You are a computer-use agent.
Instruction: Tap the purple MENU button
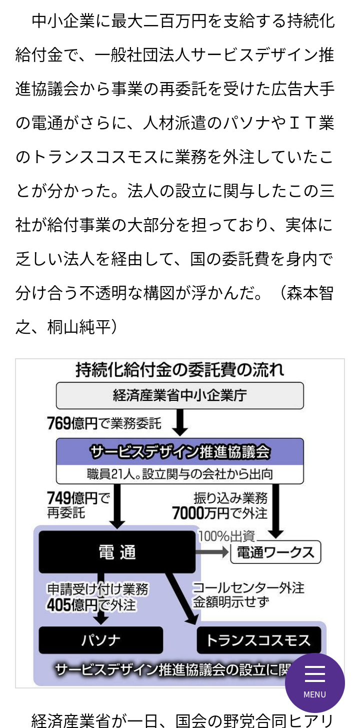click(x=315, y=683)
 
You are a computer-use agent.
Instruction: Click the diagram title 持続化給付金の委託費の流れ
click(x=179, y=370)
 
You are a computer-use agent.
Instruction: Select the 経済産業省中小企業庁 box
click(x=180, y=395)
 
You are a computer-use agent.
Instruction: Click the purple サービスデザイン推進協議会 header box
click(x=180, y=452)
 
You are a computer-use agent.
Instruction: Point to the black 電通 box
click(x=117, y=552)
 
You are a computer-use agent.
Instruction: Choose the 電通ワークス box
click(x=275, y=552)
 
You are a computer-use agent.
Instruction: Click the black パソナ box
click(x=100, y=640)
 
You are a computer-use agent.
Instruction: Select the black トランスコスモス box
click(x=259, y=640)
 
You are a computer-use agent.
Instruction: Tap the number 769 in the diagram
click(x=59, y=423)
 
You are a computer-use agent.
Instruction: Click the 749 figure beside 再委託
click(x=59, y=497)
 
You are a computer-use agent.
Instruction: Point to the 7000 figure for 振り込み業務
click(x=187, y=513)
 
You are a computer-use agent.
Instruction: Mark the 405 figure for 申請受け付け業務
click(x=59, y=604)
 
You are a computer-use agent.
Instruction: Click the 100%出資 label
click(x=226, y=536)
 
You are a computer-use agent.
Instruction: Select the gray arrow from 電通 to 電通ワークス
click(x=212, y=552)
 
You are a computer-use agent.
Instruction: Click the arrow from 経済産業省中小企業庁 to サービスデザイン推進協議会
click(x=180, y=422)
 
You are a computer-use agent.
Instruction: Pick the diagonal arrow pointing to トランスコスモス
click(x=182, y=598)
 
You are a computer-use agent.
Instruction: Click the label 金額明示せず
click(x=231, y=602)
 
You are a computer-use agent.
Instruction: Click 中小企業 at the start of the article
click(x=63, y=21)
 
